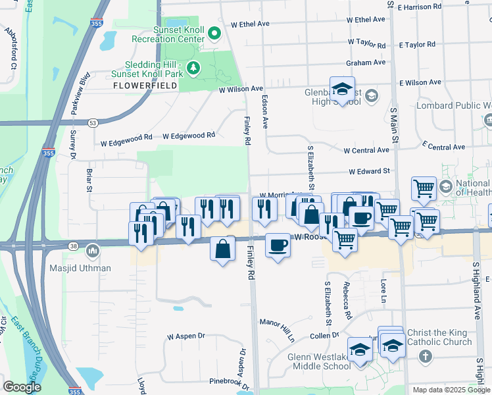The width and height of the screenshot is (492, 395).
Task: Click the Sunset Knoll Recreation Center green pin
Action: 214,33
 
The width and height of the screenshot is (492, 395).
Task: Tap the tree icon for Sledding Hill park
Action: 193,68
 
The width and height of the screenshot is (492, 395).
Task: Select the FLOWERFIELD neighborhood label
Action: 145,86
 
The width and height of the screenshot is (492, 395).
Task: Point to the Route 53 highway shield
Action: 93,122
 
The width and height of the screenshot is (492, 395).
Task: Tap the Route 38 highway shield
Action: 72,246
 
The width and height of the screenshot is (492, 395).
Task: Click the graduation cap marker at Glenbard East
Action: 342,89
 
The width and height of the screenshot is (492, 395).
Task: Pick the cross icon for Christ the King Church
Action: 425,356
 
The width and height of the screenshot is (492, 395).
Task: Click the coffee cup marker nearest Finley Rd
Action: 277,246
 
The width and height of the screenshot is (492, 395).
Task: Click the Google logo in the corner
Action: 22,387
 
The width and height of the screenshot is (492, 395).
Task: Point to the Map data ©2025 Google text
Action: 451,390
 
